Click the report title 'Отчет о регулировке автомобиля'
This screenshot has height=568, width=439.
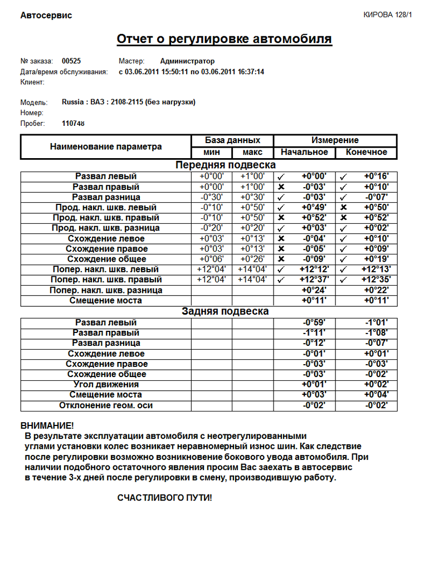(224, 39)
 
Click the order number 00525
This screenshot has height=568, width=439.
(72, 61)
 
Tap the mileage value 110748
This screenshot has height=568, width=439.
(74, 123)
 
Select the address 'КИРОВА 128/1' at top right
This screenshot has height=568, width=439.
(387, 15)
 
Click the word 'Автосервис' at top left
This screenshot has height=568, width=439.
(46, 16)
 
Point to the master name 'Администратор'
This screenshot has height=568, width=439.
(187, 61)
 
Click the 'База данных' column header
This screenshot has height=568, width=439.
(232, 140)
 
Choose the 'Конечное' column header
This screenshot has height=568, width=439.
(366, 152)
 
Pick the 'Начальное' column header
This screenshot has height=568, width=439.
(304, 152)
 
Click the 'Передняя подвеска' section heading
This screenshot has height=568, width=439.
(226, 165)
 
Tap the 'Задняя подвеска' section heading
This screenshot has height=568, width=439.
(226, 311)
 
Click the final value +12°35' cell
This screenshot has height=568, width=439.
(375, 280)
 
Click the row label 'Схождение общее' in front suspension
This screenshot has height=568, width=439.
(106, 259)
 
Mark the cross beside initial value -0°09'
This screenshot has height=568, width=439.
(281, 259)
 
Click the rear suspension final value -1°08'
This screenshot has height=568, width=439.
(375, 333)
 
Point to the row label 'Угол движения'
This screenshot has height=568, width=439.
(106, 385)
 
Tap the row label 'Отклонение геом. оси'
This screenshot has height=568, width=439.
(106, 405)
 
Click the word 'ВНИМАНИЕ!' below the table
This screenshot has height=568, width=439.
(47, 425)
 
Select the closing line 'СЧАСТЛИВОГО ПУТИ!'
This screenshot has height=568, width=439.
(164, 497)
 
